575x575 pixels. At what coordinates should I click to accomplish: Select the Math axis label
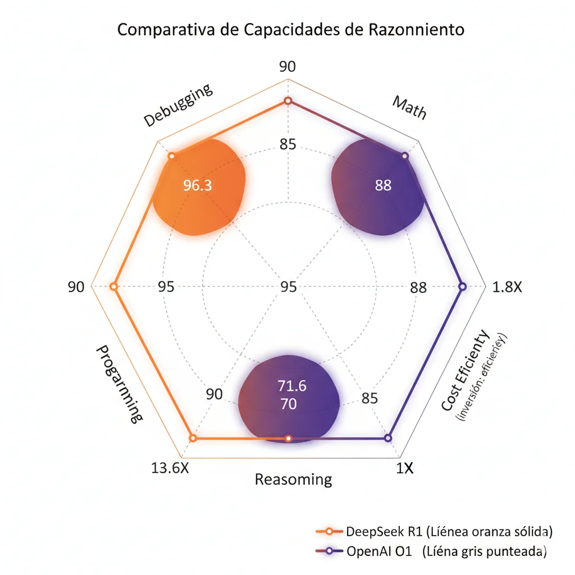coord(409,107)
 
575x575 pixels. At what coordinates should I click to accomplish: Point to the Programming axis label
coord(118,384)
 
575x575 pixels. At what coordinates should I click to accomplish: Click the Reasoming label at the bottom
coord(293,480)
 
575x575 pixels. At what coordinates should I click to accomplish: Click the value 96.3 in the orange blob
coord(198,185)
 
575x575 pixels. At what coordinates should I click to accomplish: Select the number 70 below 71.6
coord(288,404)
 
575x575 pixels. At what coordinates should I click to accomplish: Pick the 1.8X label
coord(507,287)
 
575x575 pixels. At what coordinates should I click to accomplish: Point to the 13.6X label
coord(171,468)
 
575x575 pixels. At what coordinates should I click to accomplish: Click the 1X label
coord(404,468)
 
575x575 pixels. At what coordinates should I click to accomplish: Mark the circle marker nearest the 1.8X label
coord(462,286)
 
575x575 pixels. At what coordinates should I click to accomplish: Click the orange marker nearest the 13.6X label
coord(193,438)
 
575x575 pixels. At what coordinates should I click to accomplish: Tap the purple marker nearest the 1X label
coord(387,438)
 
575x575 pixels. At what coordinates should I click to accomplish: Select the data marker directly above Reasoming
coord(288,438)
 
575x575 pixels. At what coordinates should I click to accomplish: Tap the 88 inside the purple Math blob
coord(383,185)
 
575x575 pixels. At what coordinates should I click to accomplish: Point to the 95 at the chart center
coord(288,287)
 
